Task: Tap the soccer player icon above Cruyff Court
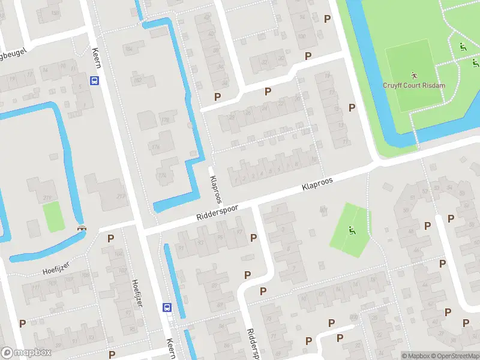[413, 76]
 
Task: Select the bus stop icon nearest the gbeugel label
[95, 80]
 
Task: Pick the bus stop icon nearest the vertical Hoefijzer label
[167, 307]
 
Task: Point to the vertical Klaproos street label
[215, 188]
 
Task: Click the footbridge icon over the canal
[82, 228]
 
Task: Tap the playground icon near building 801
[351, 230]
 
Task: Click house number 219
[47, 198]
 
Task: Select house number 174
[161, 175]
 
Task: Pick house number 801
[324, 209]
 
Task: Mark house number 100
[301, 36]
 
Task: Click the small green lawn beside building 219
[53, 216]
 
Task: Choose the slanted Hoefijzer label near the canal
[57, 265]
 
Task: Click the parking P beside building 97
[253, 238]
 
